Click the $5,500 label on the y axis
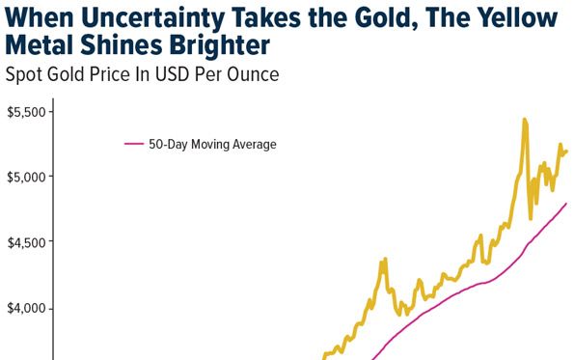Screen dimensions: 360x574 point(25,112)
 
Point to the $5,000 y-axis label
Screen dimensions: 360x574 point(25,178)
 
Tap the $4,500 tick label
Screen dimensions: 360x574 point(25,243)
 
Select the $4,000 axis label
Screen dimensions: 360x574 point(25,309)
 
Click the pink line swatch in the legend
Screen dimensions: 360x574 point(134,145)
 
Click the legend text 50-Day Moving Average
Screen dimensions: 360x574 point(212,145)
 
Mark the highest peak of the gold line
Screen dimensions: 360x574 point(524,120)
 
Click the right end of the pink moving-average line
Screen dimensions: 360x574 point(566,204)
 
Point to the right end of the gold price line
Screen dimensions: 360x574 point(566,151)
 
